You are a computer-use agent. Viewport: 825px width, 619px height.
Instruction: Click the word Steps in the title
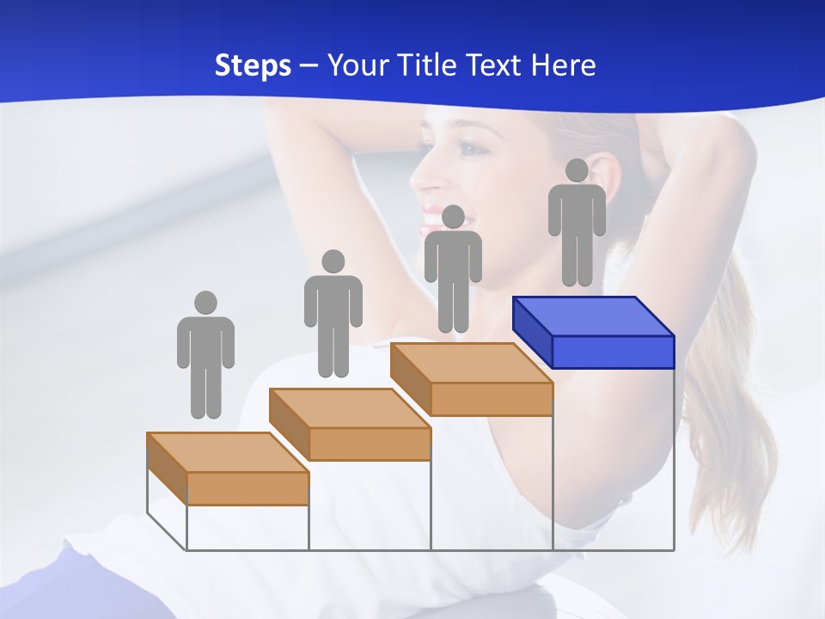point(253,65)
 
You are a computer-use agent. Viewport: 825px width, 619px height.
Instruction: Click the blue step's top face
point(593,316)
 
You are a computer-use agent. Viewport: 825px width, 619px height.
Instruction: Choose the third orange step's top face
point(471,363)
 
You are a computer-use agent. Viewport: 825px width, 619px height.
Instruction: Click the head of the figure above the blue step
point(577,170)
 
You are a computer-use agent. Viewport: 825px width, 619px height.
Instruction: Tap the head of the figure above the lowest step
point(205,303)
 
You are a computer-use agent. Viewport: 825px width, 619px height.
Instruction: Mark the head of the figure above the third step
point(453,217)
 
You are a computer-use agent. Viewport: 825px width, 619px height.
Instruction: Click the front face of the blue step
point(613,352)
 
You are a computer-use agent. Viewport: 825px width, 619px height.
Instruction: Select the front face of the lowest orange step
point(247,488)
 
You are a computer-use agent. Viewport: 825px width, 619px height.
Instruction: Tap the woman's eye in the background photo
point(471,149)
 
